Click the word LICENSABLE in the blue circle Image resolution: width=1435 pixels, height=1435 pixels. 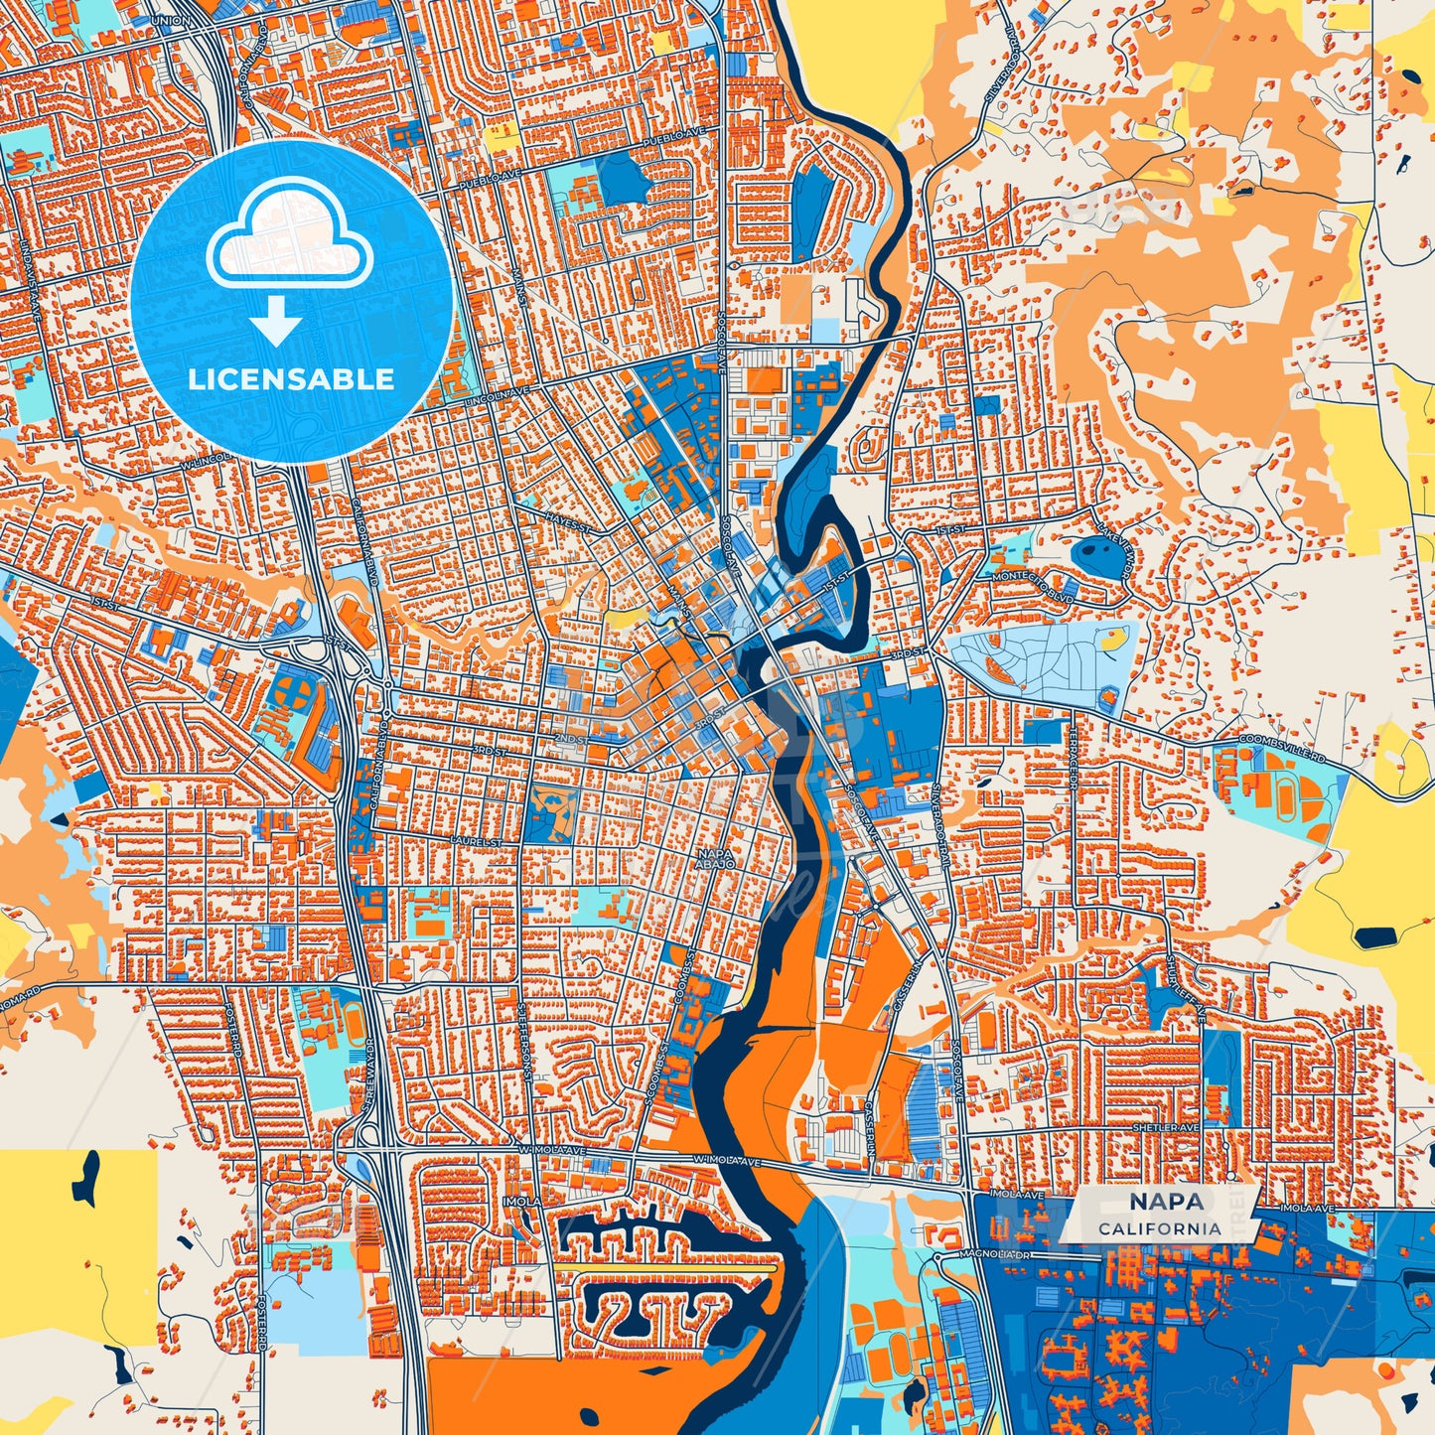tap(291, 379)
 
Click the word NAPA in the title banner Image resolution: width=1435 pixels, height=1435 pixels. tap(1166, 1202)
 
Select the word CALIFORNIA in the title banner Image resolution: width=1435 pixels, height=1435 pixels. tap(1160, 1228)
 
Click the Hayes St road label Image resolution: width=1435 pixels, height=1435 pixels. tap(569, 517)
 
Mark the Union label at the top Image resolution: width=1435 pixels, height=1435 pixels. tap(170, 20)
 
